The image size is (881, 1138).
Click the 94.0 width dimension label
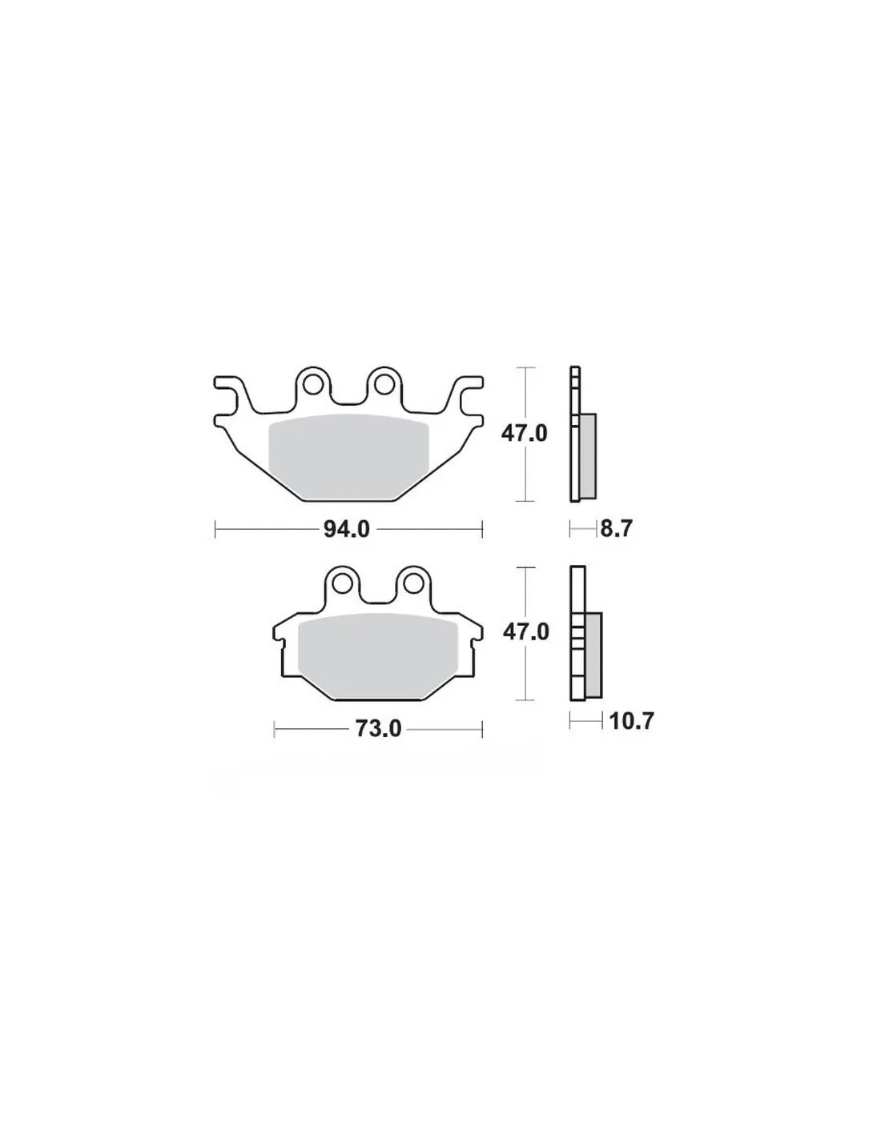(347, 530)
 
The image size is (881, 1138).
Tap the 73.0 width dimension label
(378, 728)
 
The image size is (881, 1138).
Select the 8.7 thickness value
(617, 529)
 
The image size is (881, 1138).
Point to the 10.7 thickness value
(632, 722)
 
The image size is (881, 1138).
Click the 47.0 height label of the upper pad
(524, 434)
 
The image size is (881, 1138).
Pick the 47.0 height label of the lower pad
(525, 633)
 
